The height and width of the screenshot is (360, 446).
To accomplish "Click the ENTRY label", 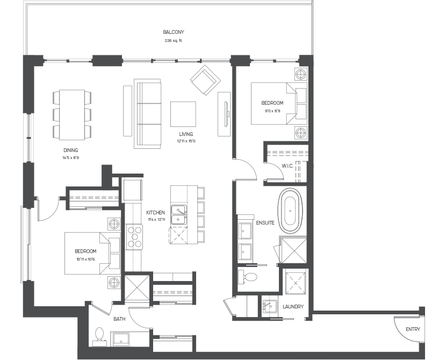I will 413,329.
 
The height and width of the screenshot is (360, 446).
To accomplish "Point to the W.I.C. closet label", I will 287,165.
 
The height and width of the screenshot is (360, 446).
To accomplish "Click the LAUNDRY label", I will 293,307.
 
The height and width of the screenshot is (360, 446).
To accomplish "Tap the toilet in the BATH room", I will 98,335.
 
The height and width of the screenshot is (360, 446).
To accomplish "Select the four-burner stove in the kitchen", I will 134,236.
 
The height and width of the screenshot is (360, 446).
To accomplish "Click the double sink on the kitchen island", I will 178,214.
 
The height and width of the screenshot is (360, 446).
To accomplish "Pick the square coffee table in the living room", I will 183,113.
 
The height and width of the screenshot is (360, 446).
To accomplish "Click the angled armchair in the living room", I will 205,81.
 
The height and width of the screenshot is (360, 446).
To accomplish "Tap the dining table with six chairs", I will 71,114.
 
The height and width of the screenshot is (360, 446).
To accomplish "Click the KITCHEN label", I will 155,212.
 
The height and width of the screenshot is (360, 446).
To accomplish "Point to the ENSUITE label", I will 265,222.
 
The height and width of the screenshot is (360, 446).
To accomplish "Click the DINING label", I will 70,150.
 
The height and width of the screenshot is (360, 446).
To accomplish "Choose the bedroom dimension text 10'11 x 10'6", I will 85,260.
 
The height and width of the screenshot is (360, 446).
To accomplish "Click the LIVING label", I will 186,134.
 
